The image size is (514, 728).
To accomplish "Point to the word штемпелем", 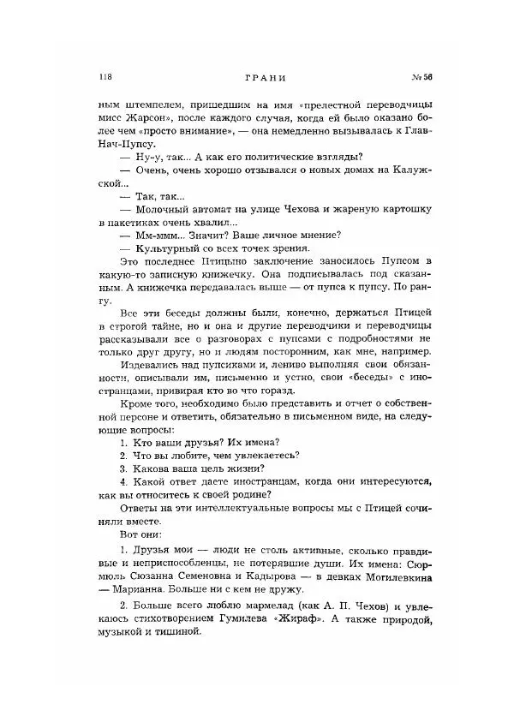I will [149, 100].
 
